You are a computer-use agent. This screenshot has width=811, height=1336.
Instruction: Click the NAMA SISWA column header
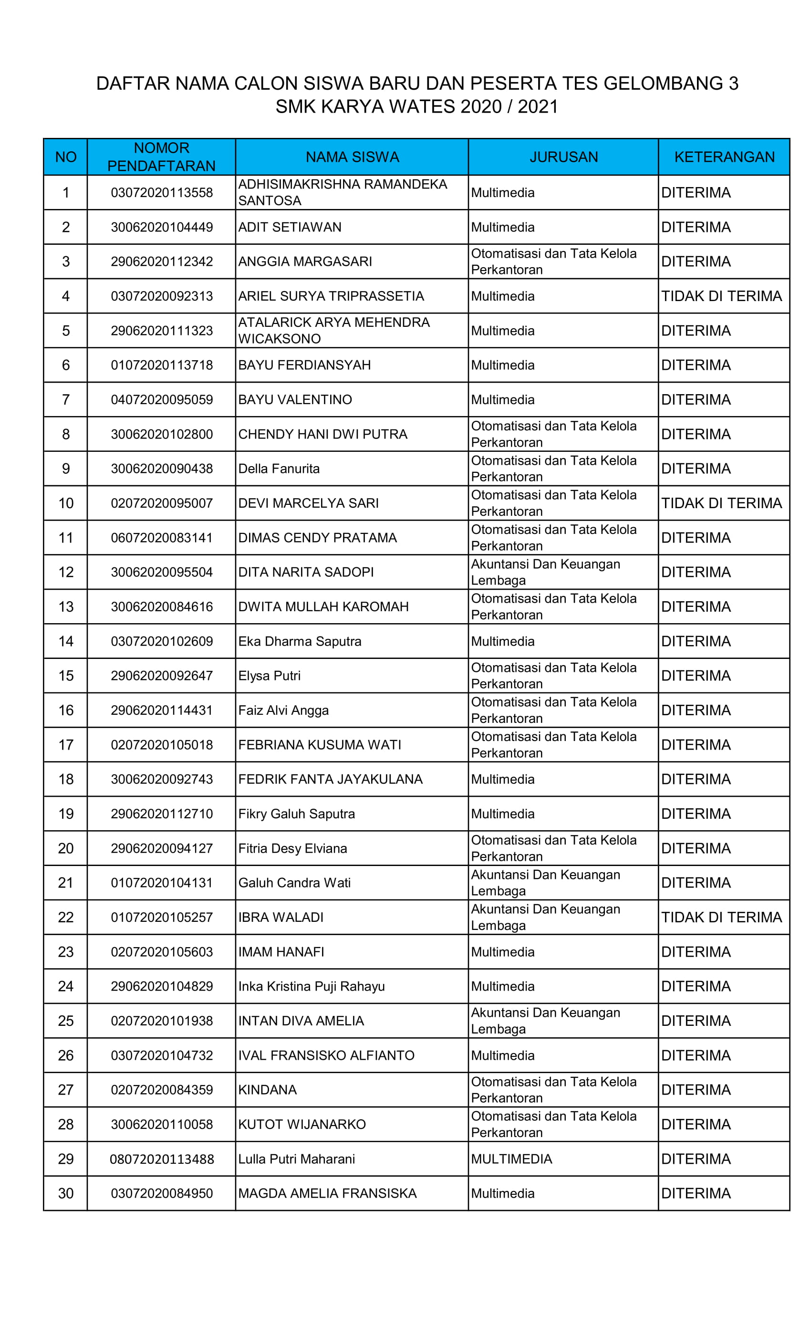coord(352,157)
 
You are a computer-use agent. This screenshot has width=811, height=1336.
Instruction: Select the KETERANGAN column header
coord(724,157)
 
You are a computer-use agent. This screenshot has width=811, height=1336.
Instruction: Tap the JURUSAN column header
coord(563,157)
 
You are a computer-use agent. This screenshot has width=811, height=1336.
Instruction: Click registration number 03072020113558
coord(162,192)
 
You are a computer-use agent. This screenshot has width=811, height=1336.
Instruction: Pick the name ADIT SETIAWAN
coord(290,227)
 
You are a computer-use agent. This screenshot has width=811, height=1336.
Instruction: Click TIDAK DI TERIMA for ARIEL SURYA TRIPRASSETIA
coord(721,296)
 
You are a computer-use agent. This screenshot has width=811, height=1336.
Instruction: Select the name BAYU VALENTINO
coord(295,400)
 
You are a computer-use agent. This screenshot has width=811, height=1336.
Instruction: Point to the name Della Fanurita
coord(279,469)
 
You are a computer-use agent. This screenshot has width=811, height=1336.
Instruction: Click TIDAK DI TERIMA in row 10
coord(721,503)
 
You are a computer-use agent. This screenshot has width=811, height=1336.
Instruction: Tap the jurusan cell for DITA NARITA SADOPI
coord(545,572)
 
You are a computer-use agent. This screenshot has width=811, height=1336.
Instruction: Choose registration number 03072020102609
coord(162,641)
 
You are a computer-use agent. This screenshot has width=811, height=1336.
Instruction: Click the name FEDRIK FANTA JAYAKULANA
coord(330,779)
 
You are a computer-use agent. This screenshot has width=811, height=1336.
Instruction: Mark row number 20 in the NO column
coord(66,848)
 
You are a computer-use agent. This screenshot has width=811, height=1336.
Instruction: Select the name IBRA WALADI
coord(281,918)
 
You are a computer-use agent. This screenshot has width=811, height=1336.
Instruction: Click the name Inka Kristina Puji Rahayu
coord(311,986)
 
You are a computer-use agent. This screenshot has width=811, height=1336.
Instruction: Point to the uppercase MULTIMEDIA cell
coord(511,1159)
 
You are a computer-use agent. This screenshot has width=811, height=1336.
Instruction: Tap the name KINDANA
coord(267,1090)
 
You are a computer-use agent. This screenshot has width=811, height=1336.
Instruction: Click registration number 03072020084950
coord(162,1193)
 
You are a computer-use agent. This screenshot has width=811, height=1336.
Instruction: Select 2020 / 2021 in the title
coord(509,106)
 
